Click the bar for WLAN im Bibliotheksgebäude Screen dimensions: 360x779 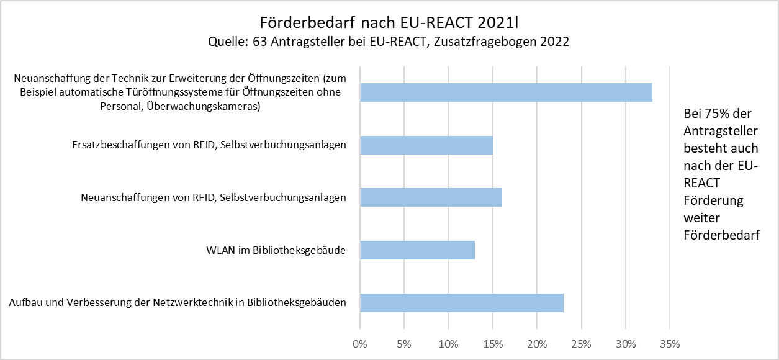(x=417, y=250)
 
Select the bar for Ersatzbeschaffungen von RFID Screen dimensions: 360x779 (x=426, y=145)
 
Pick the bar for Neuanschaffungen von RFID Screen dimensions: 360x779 (x=431, y=197)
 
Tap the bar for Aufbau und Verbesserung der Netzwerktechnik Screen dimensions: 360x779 (x=462, y=302)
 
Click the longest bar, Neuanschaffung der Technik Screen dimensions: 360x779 (x=506, y=92)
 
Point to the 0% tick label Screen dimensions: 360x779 (x=360, y=343)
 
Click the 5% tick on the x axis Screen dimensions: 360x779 (x=404, y=343)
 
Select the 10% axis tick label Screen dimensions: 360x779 (x=448, y=343)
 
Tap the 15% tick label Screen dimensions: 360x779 (x=493, y=343)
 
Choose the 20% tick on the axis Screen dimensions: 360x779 (x=537, y=343)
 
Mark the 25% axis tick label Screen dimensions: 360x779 (x=582, y=343)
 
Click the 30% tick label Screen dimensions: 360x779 (x=626, y=343)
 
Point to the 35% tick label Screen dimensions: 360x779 (x=670, y=343)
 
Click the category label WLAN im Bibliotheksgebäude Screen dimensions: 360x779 (x=276, y=250)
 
